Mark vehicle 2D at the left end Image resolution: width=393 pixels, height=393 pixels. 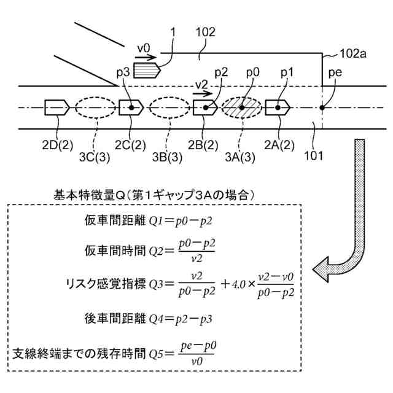56,107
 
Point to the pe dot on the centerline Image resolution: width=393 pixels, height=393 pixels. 322,108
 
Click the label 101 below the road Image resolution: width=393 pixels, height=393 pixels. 314,155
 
